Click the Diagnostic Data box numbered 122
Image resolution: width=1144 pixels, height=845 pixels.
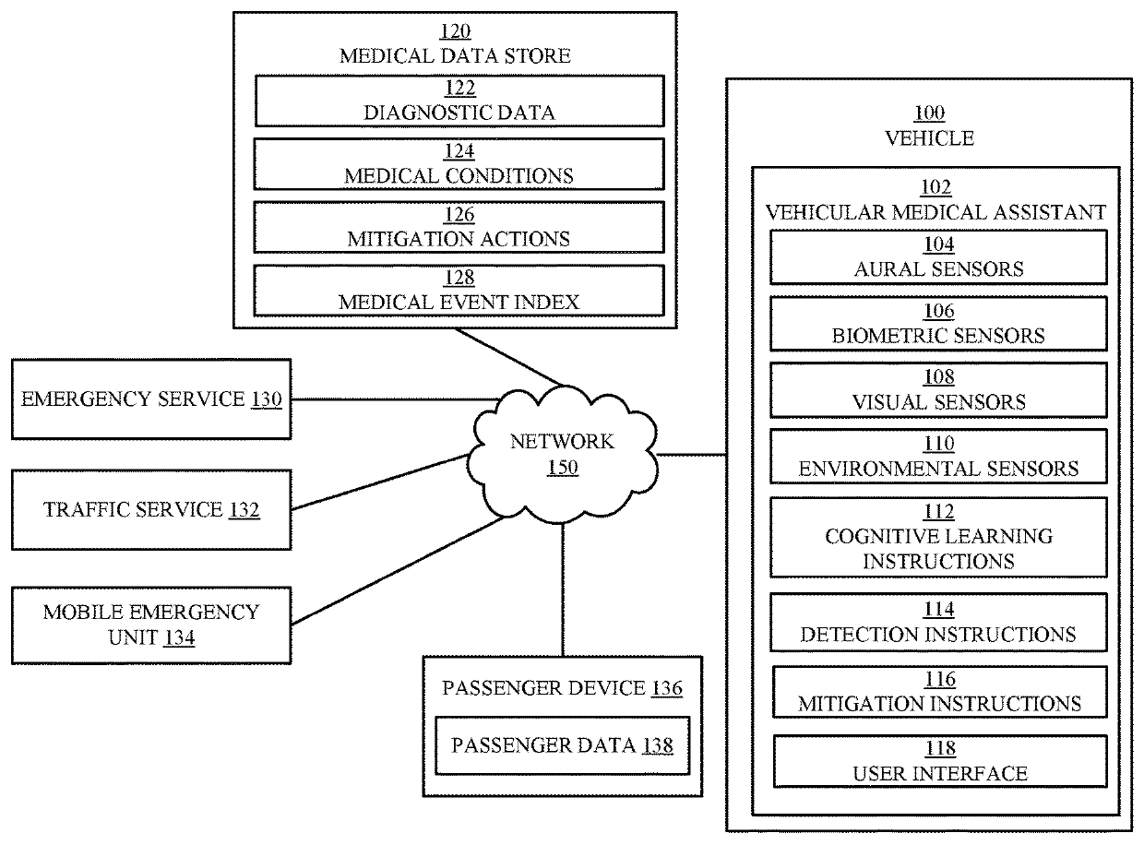tap(459, 101)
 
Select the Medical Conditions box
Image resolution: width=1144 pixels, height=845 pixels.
tap(459, 163)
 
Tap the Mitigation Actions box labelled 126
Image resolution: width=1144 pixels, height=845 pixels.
tap(459, 227)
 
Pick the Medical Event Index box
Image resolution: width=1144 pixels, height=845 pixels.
tap(459, 290)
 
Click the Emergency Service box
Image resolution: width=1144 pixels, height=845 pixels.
tap(151, 399)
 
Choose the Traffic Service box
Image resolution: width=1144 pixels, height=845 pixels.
tap(151, 509)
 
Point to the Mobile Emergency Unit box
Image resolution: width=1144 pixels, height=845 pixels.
tap(151, 624)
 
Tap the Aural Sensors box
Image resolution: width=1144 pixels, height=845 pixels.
tap(938, 256)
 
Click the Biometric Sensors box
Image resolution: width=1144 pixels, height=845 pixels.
tap(938, 323)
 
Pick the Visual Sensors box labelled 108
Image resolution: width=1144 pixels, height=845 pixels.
tap(938, 390)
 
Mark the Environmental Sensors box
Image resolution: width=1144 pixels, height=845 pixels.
tap(938, 457)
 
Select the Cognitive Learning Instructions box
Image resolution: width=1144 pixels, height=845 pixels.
tap(938, 537)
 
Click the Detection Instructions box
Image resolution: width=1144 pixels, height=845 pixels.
tap(938, 623)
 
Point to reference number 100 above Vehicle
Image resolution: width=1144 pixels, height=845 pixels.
tap(928, 113)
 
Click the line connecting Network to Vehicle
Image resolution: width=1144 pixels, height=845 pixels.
tap(692, 454)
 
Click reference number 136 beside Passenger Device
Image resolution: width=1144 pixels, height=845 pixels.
tap(666, 688)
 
